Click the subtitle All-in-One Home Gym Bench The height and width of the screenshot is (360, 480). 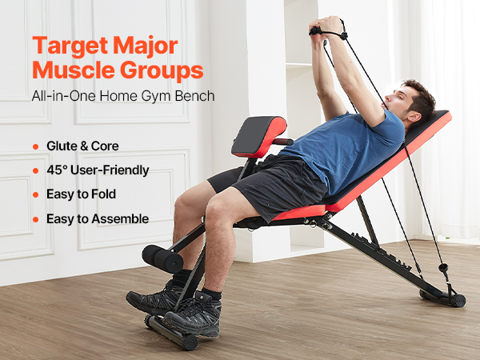124,97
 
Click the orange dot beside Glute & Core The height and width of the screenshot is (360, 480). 35,147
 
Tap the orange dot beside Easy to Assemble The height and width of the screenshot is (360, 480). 35,219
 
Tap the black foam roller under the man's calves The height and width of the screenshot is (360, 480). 162,258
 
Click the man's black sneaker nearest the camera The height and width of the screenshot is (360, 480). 195,313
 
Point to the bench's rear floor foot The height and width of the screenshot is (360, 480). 445,298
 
